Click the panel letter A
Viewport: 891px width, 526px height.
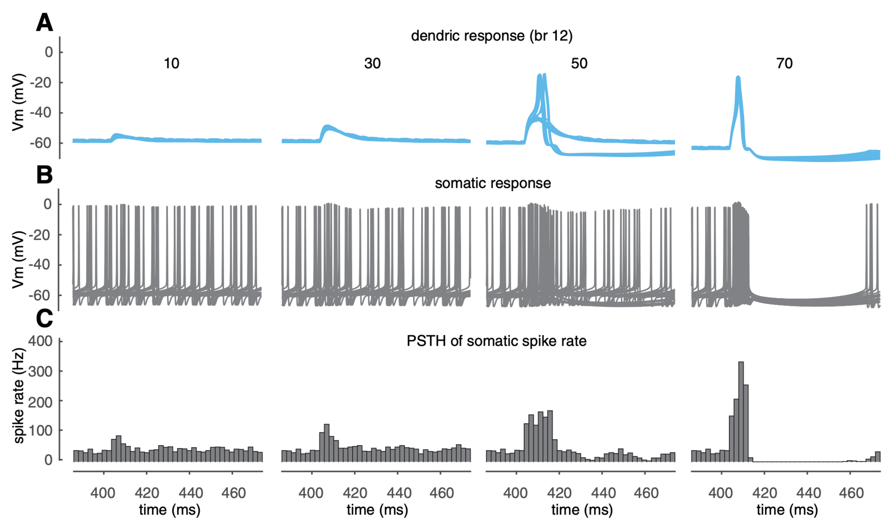pyautogui.click(x=44, y=23)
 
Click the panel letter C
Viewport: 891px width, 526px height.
pyautogui.click(x=44, y=319)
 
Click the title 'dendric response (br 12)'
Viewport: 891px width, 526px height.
pyautogui.click(x=492, y=36)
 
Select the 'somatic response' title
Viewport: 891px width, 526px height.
pyautogui.click(x=493, y=184)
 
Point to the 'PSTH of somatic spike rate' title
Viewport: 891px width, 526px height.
pyautogui.click(x=496, y=341)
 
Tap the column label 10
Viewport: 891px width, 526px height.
pyautogui.click(x=171, y=63)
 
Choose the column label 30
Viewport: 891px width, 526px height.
pyautogui.click(x=372, y=63)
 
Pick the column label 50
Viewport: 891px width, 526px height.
pyautogui.click(x=579, y=63)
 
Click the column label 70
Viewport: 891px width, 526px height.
pyautogui.click(x=784, y=63)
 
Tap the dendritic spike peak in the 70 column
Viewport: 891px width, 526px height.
pyautogui.click(x=739, y=78)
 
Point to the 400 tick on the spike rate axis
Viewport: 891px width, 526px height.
pyautogui.click(x=40, y=341)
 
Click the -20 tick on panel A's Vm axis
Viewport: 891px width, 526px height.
pyautogui.click(x=40, y=83)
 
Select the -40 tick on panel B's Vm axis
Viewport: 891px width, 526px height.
pyautogui.click(x=40, y=265)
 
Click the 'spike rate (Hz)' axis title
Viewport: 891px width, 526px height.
pyautogui.click(x=19, y=395)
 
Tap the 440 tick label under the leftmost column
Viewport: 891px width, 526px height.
pyautogui.click(x=189, y=493)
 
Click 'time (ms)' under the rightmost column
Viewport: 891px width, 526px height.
pyautogui.click(x=787, y=510)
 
